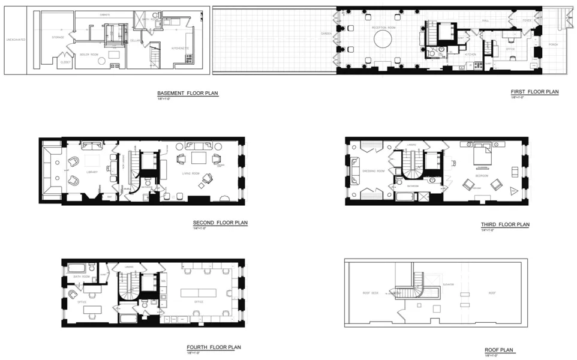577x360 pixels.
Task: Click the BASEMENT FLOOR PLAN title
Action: coord(188,94)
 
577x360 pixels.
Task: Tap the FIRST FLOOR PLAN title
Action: coord(534,92)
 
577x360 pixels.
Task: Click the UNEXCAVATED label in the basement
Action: coord(14,41)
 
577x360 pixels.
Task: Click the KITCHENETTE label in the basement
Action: coord(180,48)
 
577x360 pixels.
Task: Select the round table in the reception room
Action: coord(383,40)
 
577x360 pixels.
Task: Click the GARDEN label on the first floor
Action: coord(326,33)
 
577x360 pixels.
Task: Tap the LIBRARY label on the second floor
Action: coord(91,172)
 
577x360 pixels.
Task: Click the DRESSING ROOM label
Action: coord(374,172)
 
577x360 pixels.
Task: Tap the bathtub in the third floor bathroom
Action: coord(405,197)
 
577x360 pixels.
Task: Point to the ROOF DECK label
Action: coord(371,293)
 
